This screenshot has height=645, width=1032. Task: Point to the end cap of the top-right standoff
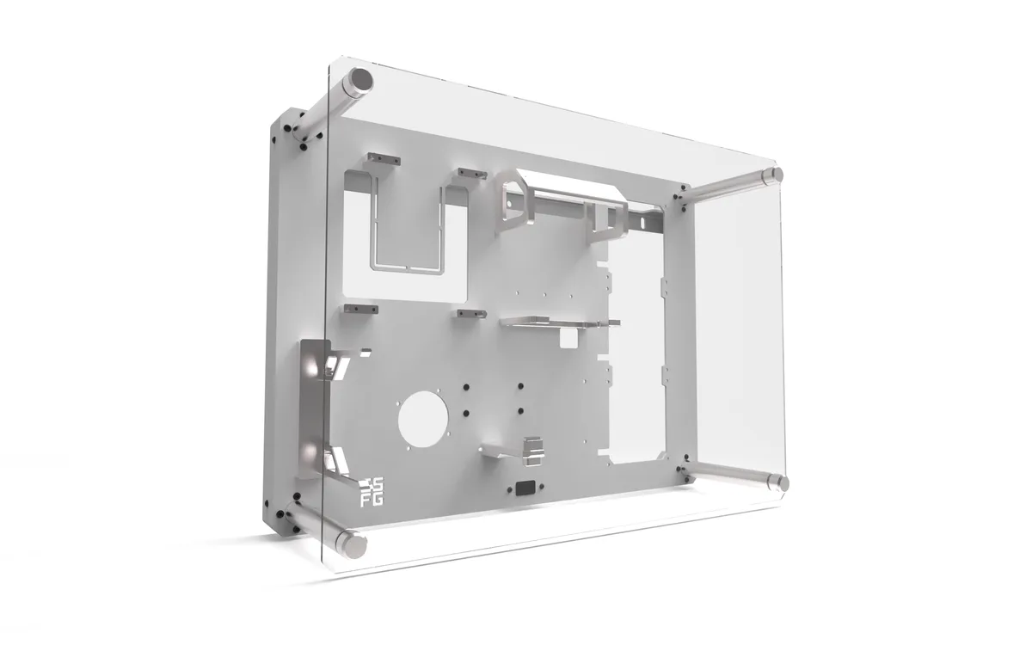(777, 174)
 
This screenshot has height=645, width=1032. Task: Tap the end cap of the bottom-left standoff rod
(353, 544)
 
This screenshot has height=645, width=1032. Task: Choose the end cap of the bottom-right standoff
(782, 483)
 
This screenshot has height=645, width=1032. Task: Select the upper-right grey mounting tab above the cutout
(472, 174)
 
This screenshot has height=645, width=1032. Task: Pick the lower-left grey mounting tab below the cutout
(360, 308)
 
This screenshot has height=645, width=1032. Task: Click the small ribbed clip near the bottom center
(533, 447)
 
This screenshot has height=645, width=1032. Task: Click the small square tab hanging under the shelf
(568, 340)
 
